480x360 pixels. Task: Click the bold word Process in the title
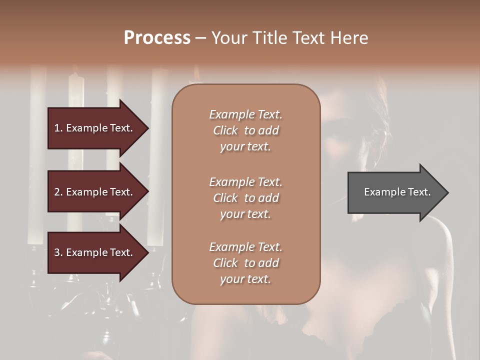point(157,38)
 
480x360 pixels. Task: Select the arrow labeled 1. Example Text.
point(95,128)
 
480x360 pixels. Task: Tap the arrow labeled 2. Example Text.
point(95,192)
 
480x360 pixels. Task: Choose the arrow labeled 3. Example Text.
point(95,252)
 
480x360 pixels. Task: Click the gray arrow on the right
point(395,192)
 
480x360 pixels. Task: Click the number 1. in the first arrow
point(58,128)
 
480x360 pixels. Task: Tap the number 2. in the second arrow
point(58,192)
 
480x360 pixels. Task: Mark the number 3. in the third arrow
point(58,252)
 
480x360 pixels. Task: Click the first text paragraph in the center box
point(245,130)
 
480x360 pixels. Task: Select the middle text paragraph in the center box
point(245,198)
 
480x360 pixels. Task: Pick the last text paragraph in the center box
point(245,263)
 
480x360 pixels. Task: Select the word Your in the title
point(227,38)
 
